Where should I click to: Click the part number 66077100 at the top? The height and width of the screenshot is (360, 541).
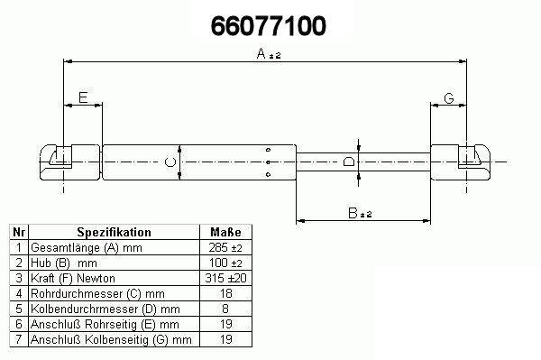[x=269, y=26]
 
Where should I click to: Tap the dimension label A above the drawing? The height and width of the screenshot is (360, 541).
[x=261, y=53]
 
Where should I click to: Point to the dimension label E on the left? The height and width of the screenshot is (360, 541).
[x=83, y=97]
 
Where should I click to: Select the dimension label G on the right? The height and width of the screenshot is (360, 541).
[x=449, y=98]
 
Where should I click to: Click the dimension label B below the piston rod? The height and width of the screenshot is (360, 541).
[x=353, y=213]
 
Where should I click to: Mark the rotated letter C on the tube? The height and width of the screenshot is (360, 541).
[x=170, y=162]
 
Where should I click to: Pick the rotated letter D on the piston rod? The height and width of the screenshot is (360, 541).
[x=349, y=162]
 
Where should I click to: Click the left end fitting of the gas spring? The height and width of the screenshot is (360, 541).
[x=70, y=162]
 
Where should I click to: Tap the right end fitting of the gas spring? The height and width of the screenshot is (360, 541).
[x=461, y=162]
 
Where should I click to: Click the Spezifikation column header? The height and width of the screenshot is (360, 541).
[x=114, y=232]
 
